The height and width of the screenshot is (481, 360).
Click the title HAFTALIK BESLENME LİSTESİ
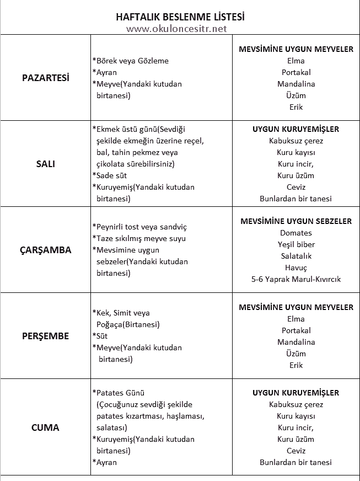click(180, 17)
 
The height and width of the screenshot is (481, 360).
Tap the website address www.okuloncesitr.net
click(176, 29)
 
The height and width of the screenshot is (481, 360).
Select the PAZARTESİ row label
click(46, 78)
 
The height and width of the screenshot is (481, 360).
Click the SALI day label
click(46, 164)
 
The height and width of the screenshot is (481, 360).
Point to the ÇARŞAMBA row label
click(46, 249)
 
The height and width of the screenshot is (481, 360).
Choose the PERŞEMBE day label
click(46, 335)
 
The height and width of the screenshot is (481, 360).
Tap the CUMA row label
click(46, 427)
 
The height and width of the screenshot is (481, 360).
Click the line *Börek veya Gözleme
click(131, 61)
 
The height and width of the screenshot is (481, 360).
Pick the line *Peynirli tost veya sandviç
click(139, 227)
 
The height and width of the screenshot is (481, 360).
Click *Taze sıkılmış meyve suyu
click(139, 238)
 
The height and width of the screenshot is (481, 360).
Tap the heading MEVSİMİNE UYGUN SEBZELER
click(296, 221)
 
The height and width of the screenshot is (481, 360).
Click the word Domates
click(296, 233)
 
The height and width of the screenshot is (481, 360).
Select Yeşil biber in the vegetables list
click(296, 244)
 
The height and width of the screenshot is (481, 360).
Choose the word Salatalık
click(296, 256)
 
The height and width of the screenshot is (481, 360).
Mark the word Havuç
click(296, 268)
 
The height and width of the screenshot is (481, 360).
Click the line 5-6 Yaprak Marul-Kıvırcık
click(296, 279)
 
